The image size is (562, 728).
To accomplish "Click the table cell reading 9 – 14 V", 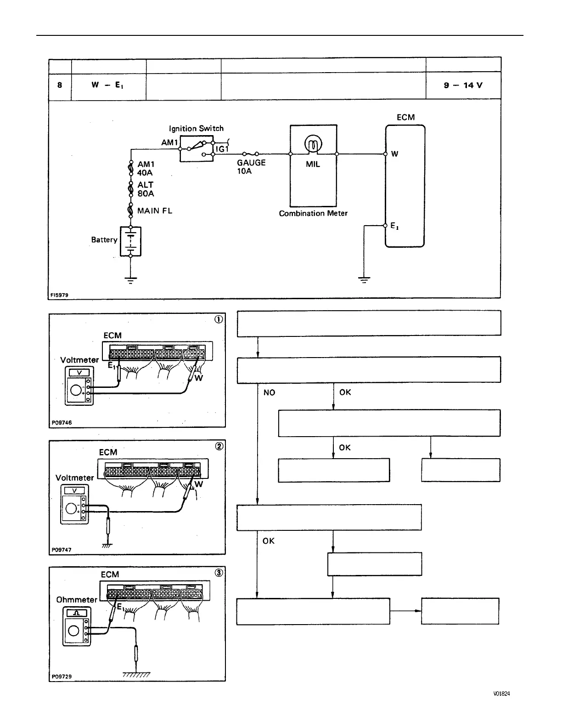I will [463, 85].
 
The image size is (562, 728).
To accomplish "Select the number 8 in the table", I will [60, 85].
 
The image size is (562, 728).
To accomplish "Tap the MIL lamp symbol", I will [313, 146].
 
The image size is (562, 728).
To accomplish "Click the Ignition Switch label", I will [196, 129].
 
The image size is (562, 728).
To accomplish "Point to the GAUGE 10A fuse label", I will [251, 167].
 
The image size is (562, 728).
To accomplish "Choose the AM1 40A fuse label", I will [146, 169].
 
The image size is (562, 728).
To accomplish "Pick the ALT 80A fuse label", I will [146, 189].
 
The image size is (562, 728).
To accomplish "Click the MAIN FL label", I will [155, 211].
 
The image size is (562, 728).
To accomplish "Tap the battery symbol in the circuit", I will [130, 241].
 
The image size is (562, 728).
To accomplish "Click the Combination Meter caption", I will [313, 213].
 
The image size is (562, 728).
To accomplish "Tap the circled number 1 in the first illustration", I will [219, 320].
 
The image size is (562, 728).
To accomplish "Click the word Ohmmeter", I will [77, 600].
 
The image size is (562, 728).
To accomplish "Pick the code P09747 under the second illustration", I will [62, 550].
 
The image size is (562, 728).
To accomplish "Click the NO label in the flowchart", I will [270, 392].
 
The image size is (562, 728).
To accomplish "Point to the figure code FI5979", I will [60, 295].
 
